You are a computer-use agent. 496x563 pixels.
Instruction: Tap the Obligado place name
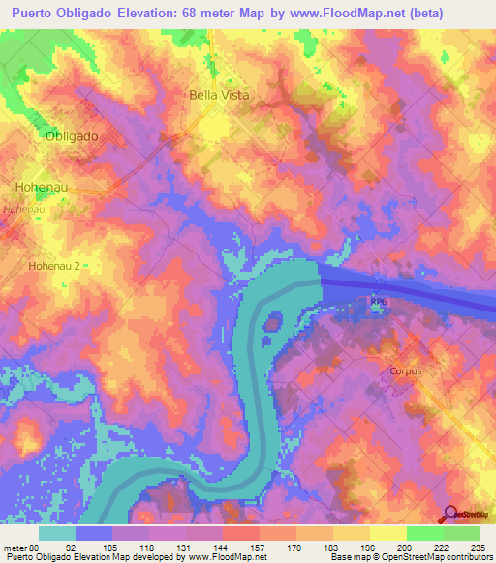pyautogui.click(x=72, y=137)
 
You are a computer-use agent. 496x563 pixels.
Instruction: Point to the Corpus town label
pyautogui.click(x=407, y=370)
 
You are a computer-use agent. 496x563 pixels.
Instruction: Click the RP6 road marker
pyautogui.click(x=377, y=303)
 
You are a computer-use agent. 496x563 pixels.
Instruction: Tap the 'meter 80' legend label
pyautogui.click(x=21, y=546)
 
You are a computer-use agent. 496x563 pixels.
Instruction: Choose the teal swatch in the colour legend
pyautogui.click(x=57, y=533)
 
